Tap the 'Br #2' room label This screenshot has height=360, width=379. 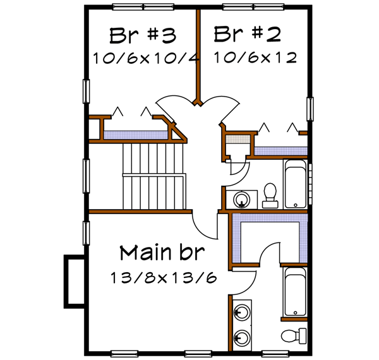point(247,33)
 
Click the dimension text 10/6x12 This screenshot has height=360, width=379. point(255,58)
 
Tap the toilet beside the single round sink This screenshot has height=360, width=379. point(270,195)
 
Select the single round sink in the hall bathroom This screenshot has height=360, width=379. point(241,200)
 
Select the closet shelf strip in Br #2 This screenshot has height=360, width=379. point(280,150)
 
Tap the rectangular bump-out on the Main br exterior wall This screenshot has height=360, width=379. point(74,280)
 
